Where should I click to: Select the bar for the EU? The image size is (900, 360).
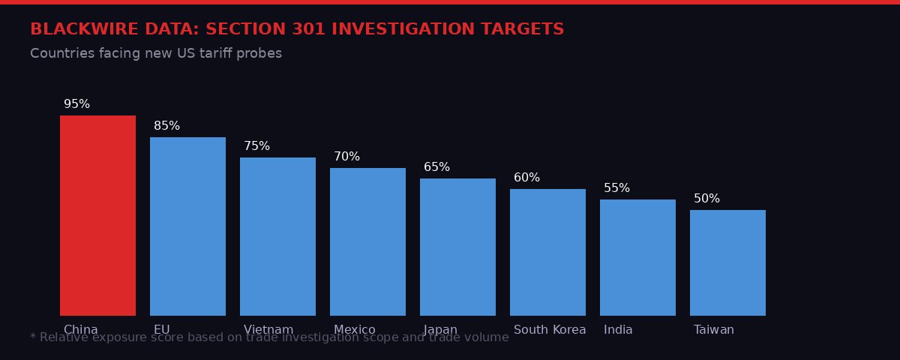click(187, 226)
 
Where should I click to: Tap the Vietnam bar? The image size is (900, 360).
click(277, 236)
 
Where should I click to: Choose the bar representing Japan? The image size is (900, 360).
click(457, 247)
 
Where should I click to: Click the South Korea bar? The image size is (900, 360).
click(547, 252)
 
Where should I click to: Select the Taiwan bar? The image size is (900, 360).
click(727, 262)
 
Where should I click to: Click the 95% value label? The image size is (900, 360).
click(76, 104)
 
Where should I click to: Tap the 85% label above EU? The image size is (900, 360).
click(166, 126)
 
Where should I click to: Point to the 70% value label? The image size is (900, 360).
click(346, 157)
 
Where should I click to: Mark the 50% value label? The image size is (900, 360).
click(706, 199)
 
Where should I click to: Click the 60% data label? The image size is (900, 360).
click(526, 178)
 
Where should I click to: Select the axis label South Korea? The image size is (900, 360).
click(550, 330)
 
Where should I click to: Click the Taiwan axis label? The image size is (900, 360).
click(713, 330)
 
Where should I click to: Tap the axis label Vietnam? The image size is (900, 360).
click(268, 330)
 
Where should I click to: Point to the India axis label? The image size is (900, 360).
click(618, 330)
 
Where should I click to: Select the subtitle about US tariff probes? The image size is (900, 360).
click(156, 54)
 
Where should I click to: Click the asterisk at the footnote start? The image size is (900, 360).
click(33, 337)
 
